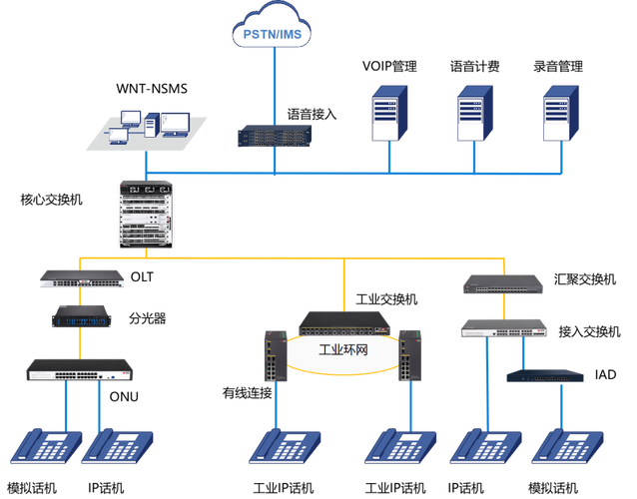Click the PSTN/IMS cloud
coord(272,33)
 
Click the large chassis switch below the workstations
coord(146,215)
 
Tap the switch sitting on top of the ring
coord(344,321)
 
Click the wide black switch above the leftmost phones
coord(80,367)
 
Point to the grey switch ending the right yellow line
coord(503,285)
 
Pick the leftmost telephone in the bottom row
coord(45,449)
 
